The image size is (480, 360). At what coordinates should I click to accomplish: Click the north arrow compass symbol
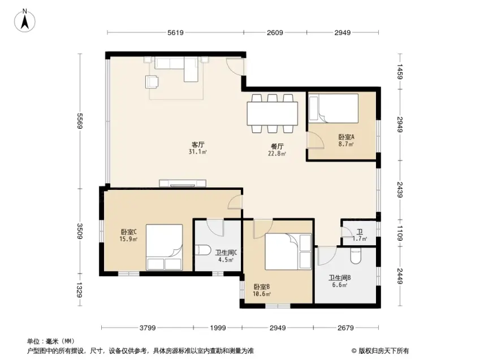tap(24, 20)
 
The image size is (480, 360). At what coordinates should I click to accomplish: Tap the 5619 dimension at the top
tap(175, 32)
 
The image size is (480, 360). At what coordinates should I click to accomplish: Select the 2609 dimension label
tap(275, 32)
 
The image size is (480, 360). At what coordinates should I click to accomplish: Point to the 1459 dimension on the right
tap(399, 72)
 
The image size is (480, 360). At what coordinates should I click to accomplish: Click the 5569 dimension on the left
tap(80, 121)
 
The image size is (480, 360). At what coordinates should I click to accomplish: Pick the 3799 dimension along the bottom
tap(148, 328)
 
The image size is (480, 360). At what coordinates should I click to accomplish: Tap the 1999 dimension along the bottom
tap(218, 328)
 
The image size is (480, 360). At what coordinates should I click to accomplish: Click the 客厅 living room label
tap(198, 145)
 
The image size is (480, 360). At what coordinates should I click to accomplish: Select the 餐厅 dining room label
tap(277, 146)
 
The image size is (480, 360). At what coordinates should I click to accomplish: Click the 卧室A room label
tap(346, 137)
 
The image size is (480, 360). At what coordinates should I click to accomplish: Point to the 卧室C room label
tap(128, 232)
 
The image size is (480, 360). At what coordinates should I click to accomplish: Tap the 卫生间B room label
tap(339, 277)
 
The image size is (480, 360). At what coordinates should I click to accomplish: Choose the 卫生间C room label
tap(226, 253)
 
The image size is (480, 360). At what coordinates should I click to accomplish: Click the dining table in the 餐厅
tap(273, 114)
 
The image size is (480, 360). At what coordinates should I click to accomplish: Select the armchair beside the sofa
tap(152, 82)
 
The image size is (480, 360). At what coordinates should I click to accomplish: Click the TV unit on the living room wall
tap(183, 183)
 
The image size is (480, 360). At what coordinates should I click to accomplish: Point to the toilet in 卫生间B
tap(356, 256)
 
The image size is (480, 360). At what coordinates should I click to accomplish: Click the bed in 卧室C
tap(165, 248)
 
